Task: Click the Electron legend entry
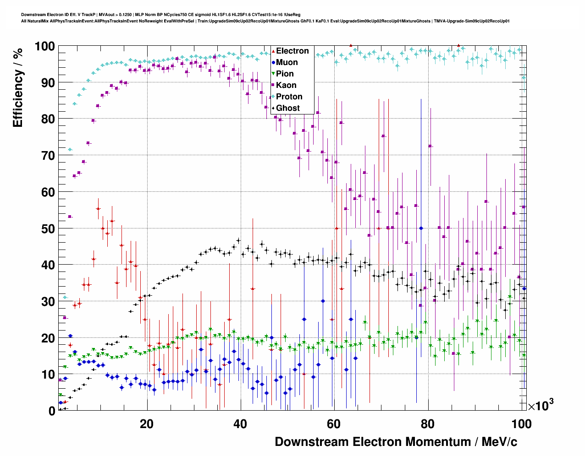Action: [292, 51]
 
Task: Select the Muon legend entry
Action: [287, 62]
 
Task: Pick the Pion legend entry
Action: [285, 74]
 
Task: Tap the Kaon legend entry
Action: [286, 85]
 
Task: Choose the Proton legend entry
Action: [289, 97]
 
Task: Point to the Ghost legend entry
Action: [287, 108]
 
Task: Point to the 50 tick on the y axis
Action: [48, 228]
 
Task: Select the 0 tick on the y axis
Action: [52, 411]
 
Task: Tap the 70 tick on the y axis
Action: [48, 156]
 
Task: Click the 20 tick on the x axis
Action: [147, 424]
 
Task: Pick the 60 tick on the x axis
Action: [334, 424]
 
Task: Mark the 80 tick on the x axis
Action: [428, 424]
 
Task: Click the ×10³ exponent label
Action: [541, 405]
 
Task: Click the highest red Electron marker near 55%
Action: [98, 208]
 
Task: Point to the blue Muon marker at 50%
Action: [421, 228]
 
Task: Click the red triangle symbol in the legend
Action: [273, 51]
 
